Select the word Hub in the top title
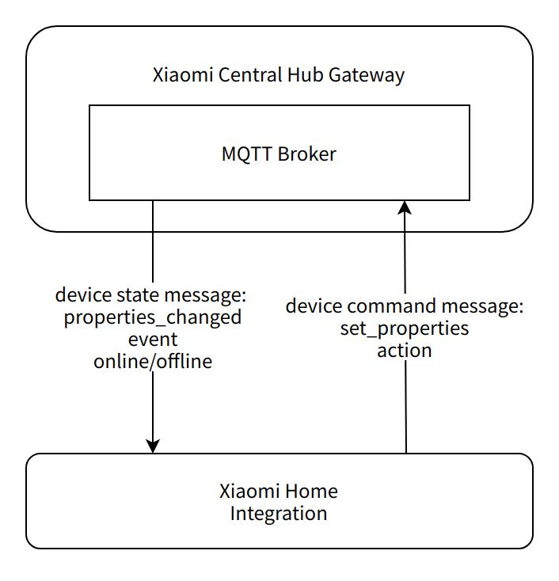click(304, 75)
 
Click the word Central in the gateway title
click(250, 75)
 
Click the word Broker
click(306, 154)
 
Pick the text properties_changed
click(152, 318)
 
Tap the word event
click(152, 340)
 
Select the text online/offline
click(152, 362)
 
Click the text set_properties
click(405, 328)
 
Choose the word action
click(405, 350)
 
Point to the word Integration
click(279, 513)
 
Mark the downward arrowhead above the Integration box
click(153, 446)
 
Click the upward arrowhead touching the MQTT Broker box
click(405, 207)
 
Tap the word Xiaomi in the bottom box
click(249, 491)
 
